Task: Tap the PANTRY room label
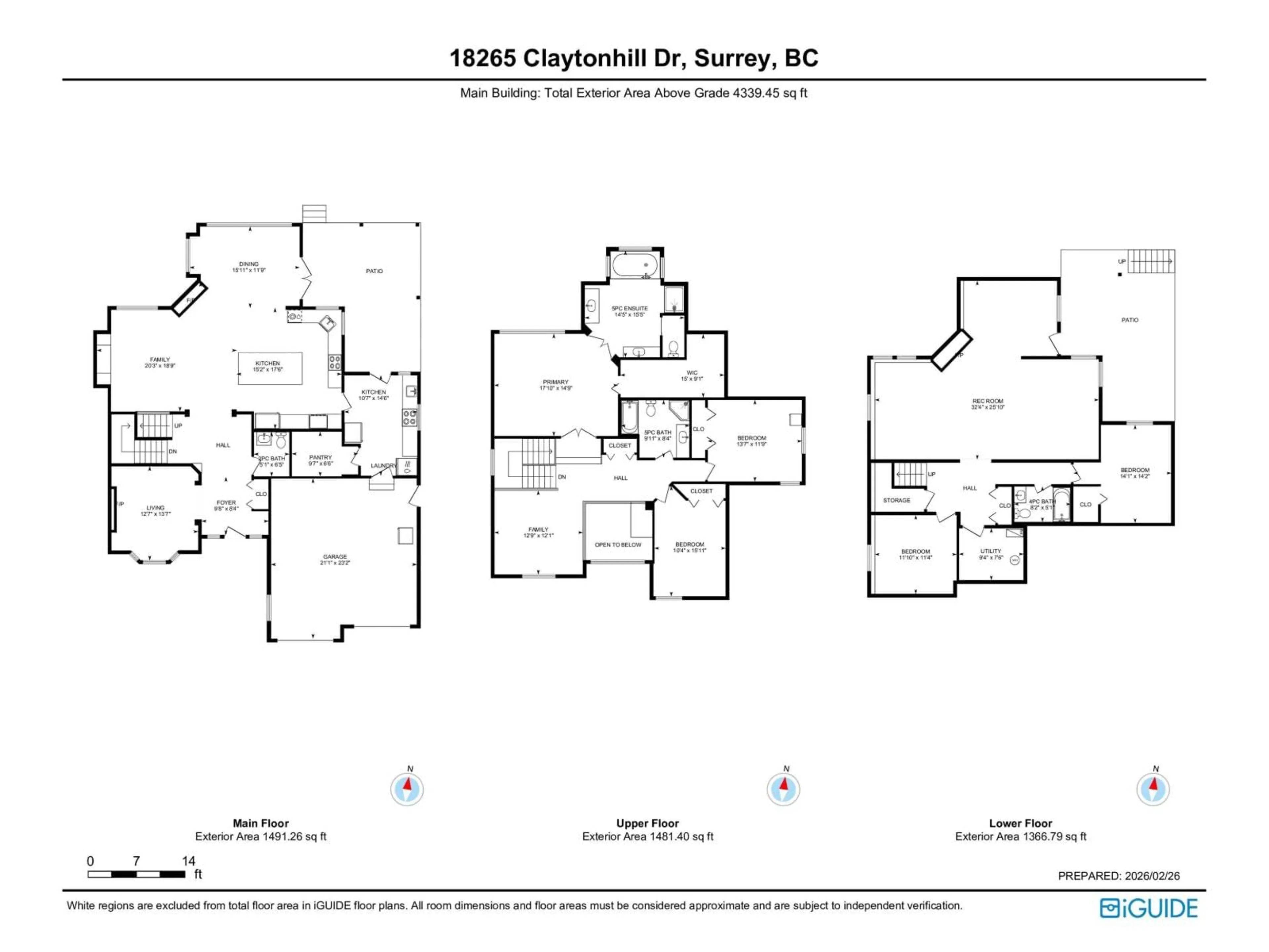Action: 320,457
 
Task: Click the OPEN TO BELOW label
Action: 618,544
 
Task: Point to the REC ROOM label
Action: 987,401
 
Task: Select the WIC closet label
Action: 692,373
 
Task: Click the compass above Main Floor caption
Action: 407,789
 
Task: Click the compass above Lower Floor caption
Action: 1153,789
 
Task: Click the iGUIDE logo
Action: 1148,908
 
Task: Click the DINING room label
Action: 249,264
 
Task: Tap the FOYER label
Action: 226,503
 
